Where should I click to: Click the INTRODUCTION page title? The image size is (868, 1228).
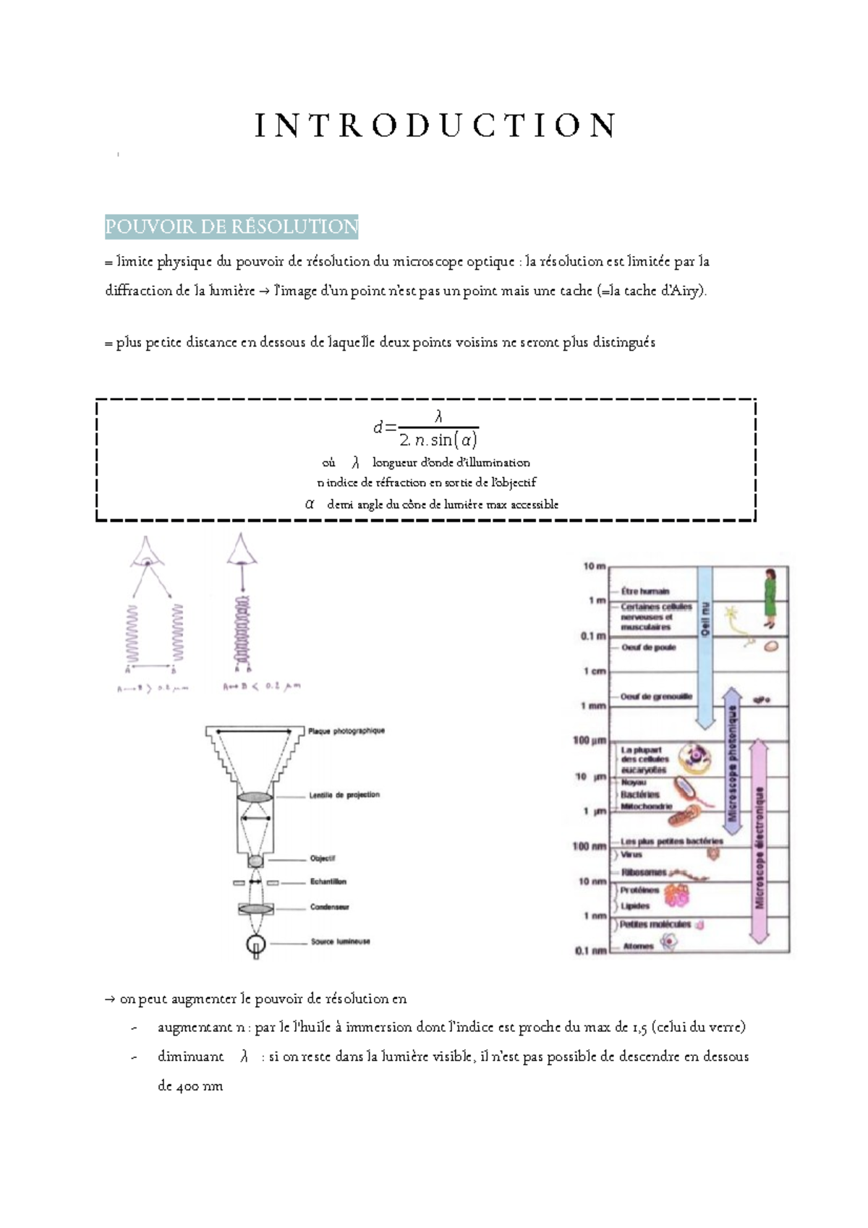[x=435, y=125]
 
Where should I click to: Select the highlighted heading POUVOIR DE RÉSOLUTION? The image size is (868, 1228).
[x=231, y=226]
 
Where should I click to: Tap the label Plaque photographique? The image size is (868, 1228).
[x=346, y=731]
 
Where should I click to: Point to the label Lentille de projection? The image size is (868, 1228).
[x=344, y=795]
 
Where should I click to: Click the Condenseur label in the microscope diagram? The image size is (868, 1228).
[x=330, y=907]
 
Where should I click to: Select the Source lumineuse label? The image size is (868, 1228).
[x=340, y=942]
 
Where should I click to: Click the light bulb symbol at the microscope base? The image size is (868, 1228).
[x=256, y=945]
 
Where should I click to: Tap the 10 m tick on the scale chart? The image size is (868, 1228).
[x=594, y=566]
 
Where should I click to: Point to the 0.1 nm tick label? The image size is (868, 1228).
[x=590, y=951]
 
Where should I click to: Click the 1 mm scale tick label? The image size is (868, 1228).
[x=593, y=706]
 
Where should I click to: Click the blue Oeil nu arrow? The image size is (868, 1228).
[x=705, y=644]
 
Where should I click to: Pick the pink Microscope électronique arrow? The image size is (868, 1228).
[x=759, y=843]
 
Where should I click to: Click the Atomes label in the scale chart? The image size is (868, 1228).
[x=638, y=946]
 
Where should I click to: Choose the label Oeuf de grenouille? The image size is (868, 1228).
[x=656, y=696]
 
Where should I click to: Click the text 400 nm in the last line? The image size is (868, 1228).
[x=190, y=1086]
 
